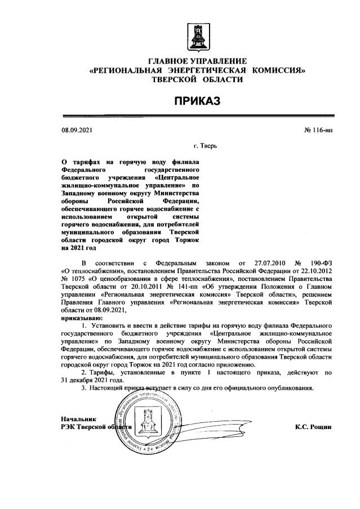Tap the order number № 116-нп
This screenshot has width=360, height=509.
coord(318,131)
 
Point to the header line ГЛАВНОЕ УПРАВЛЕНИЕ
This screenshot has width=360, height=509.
coord(197,61)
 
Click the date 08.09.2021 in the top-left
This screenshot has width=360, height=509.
coord(76,131)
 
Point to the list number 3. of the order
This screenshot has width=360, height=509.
coord(84,389)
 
